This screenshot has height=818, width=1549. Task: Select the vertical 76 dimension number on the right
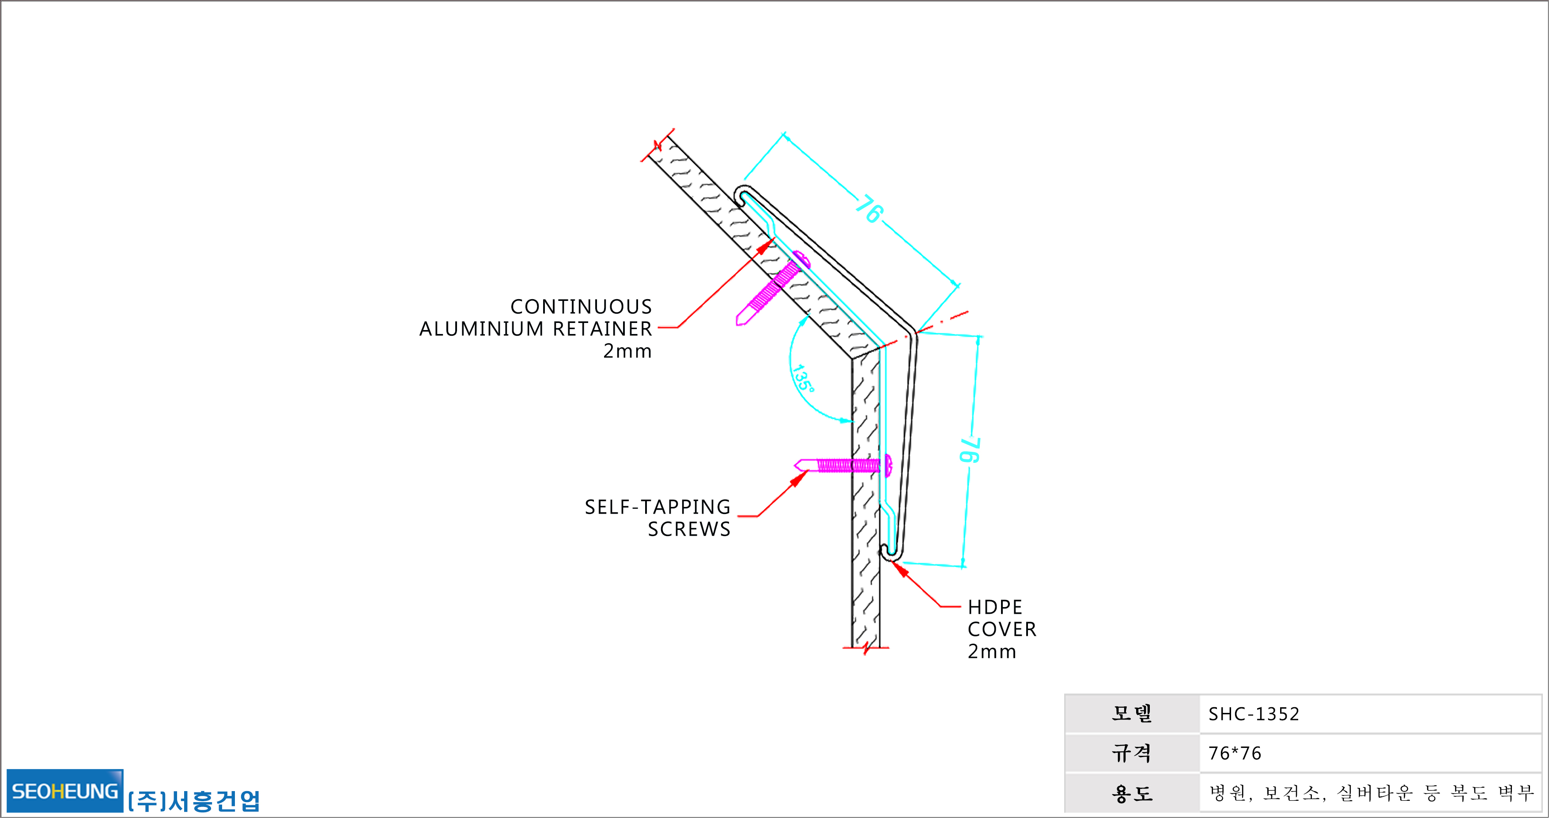point(969,450)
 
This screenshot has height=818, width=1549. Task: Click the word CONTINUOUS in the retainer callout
point(581,307)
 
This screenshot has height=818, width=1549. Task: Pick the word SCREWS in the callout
point(689,529)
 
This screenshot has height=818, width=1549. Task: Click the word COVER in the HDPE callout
point(1002,629)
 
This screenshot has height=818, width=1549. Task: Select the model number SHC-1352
point(1254,714)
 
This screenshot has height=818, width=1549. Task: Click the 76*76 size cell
point(1235,753)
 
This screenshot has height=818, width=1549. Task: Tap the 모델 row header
point(1132,713)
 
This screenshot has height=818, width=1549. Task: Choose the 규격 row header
point(1132,753)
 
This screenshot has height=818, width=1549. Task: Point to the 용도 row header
point(1132,793)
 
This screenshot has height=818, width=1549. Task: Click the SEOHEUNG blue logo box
point(65,790)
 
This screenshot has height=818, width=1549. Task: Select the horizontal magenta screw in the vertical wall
point(843,465)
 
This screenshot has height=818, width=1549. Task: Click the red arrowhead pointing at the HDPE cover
point(900,568)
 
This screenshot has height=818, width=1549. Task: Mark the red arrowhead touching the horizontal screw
point(799,478)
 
